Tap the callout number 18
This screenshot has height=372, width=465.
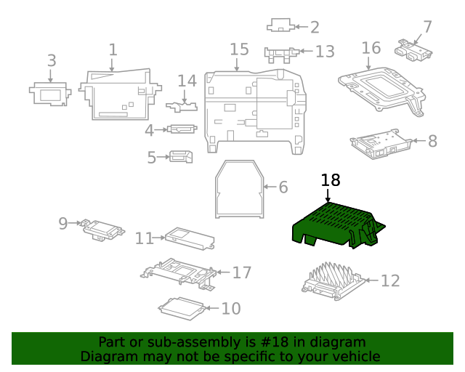(x=330, y=181)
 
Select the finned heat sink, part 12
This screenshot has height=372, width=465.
(x=332, y=280)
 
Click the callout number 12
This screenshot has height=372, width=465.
(x=390, y=280)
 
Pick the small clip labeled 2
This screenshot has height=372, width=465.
(x=280, y=26)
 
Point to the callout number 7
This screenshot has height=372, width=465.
(x=427, y=28)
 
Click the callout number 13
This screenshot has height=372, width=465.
(x=324, y=52)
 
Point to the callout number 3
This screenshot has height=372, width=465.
(x=52, y=61)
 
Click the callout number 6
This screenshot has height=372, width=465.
(x=283, y=187)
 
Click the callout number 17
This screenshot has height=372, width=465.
(x=241, y=272)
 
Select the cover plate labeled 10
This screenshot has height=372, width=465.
(x=180, y=308)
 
